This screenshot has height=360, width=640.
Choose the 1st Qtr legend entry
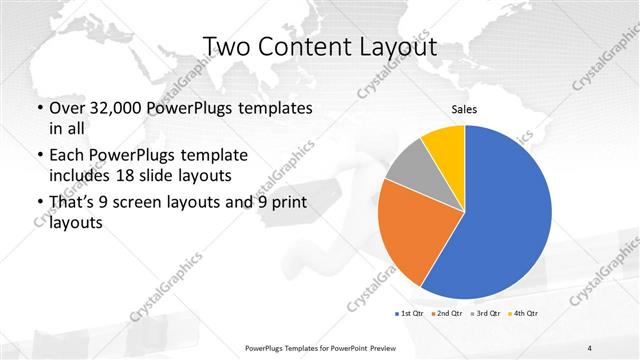(409, 315)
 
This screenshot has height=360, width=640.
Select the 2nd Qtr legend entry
(447, 315)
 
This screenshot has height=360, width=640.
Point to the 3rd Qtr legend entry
(485, 315)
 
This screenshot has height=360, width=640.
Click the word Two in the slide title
(227, 47)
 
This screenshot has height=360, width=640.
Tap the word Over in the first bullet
(67, 107)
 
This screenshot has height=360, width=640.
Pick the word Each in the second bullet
(68, 156)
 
